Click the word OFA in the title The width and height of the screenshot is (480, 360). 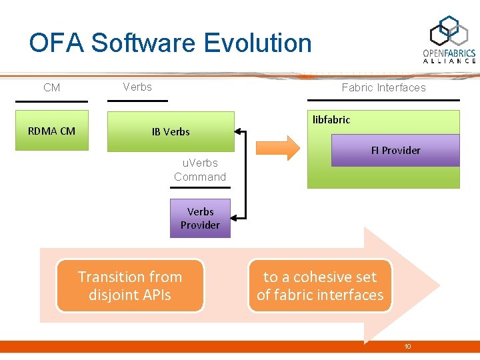click(x=57, y=43)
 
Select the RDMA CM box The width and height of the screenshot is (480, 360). click(x=51, y=131)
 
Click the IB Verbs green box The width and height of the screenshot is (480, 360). click(x=171, y=131)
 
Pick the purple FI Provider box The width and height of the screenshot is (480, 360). click(x=396, y=150)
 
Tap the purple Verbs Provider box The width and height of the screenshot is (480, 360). click(x=200, y=218)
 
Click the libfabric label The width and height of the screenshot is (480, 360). click(x=331, y=120)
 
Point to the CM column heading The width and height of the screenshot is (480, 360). click(x=51, y=87)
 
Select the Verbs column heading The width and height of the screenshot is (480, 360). click(x=137, y=87)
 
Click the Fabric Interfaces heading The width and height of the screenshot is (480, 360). click(x=383, y=87)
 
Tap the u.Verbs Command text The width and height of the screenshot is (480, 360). click(x=200, y=169)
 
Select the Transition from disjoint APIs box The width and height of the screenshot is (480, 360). click(x=130, y=286)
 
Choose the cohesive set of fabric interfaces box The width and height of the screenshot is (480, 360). click(x=320, y=286)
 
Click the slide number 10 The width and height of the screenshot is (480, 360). click(x=408, y=347)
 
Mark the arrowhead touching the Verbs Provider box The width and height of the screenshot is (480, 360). click(x=235, y=217)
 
